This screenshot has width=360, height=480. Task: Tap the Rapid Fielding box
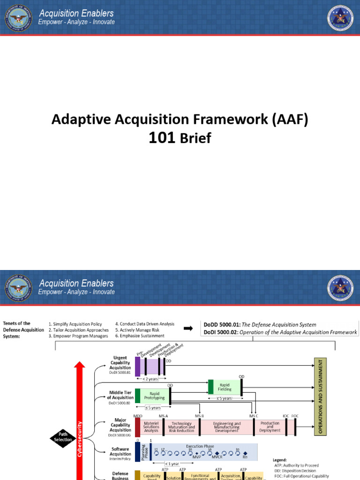(x=225, y=386)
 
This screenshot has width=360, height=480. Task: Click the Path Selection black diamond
(x=63, y=437)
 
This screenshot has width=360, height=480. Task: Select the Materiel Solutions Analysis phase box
(x=151, y=427)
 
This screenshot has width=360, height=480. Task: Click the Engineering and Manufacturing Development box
(x=227, y=427)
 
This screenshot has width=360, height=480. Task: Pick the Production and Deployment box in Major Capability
(x=270, y=427)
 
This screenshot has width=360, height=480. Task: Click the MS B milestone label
(x=199, y=415)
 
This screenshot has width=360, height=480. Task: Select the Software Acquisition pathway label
(x=121, y=451)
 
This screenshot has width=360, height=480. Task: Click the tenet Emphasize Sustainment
(x=142, y=336)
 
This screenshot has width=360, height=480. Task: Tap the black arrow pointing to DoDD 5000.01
(x=188, y=329)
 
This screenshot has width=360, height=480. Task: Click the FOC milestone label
(x=295, y=415)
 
